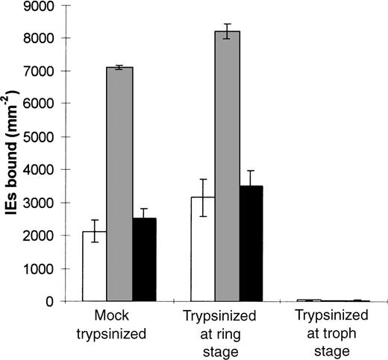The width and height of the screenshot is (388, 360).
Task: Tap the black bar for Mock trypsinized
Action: [x=145, y=260]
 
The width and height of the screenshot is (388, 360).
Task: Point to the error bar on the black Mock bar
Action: [x=145, y=218]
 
